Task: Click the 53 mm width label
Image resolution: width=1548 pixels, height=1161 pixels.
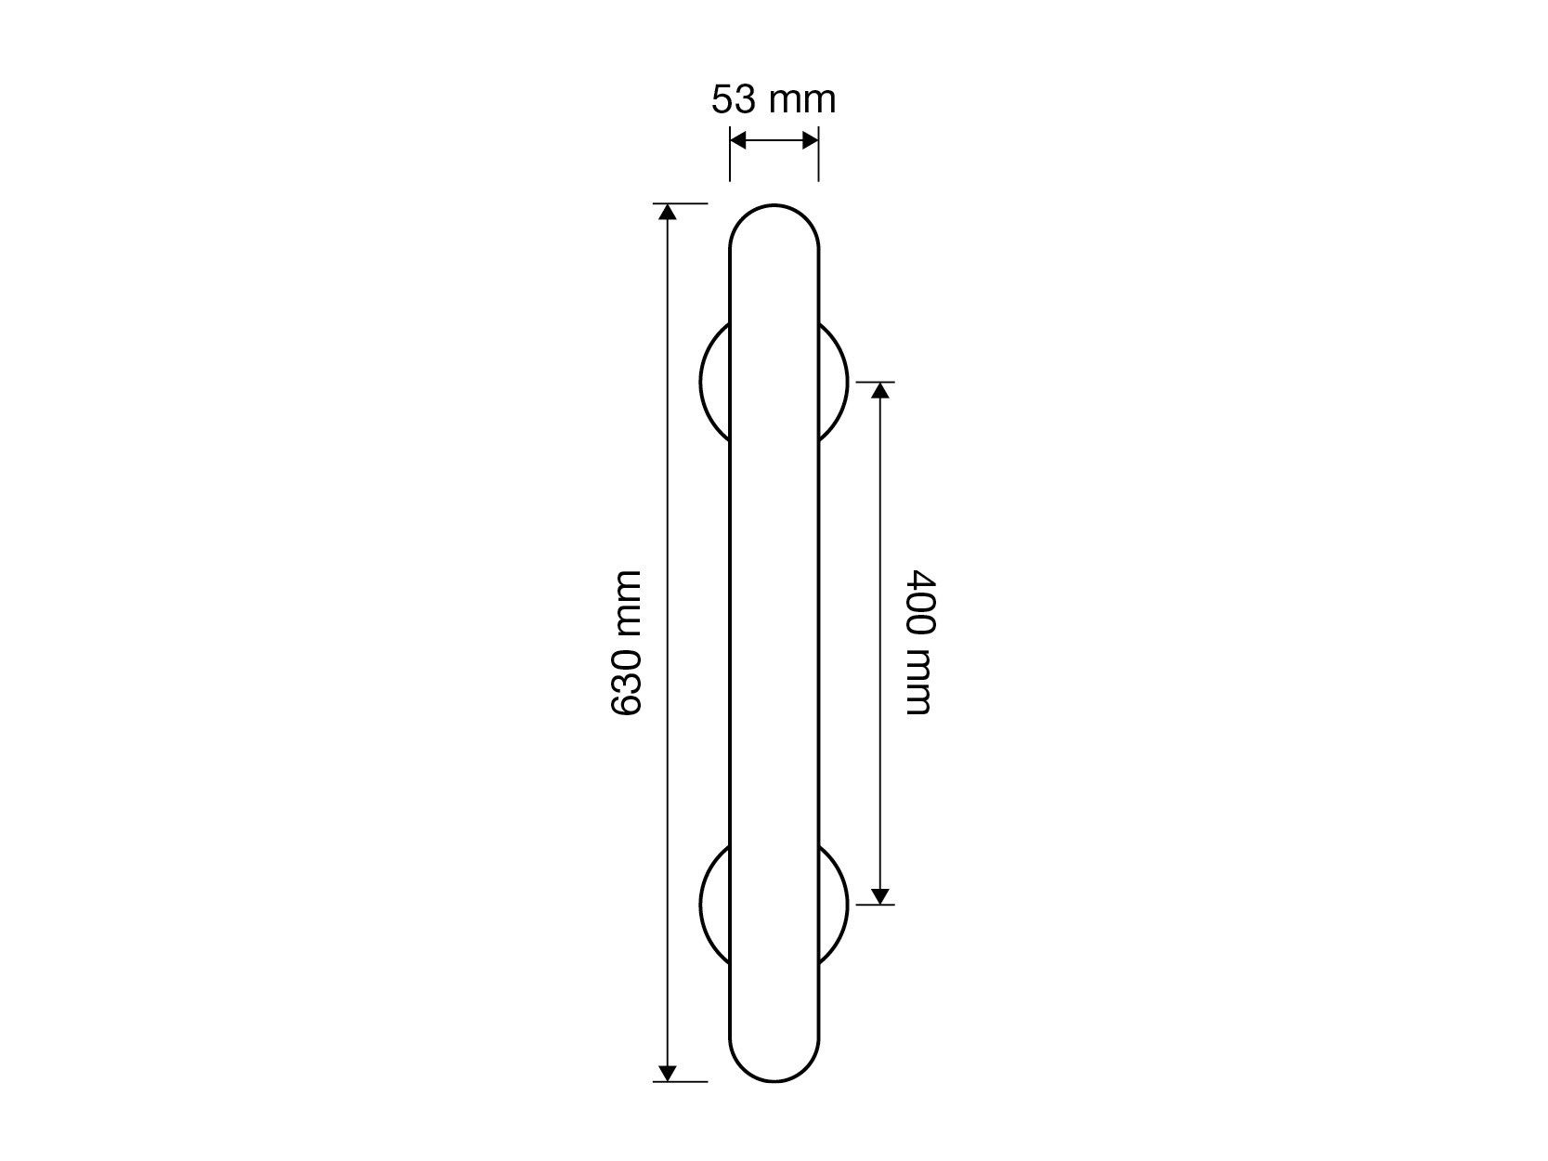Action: (773, 99)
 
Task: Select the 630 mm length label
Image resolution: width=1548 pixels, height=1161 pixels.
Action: (626, 644)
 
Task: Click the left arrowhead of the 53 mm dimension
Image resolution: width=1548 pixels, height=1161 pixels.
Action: (737, 140)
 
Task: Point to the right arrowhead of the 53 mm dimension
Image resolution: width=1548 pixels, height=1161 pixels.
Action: (811, 140)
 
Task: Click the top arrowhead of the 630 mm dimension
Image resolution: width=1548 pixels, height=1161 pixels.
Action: (667, 212)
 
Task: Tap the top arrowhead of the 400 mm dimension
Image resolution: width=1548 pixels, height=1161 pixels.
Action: (879, 390)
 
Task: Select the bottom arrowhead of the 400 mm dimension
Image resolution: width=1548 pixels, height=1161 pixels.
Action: (879, 895)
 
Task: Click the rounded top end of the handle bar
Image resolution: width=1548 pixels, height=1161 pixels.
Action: (774, 205)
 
